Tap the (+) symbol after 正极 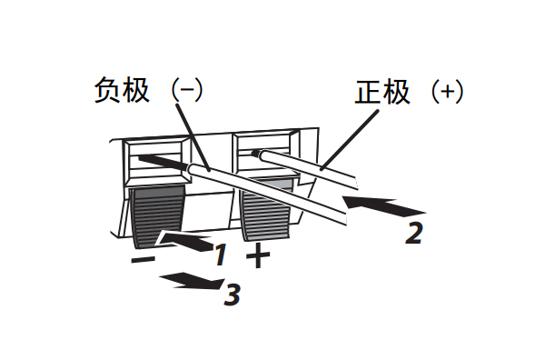click(446, 93)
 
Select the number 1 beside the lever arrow click(219, 255)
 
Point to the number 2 click(414, 233)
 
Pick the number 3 click(233, 295)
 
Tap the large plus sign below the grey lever click(259, 255)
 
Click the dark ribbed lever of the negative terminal click(156, 216)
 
